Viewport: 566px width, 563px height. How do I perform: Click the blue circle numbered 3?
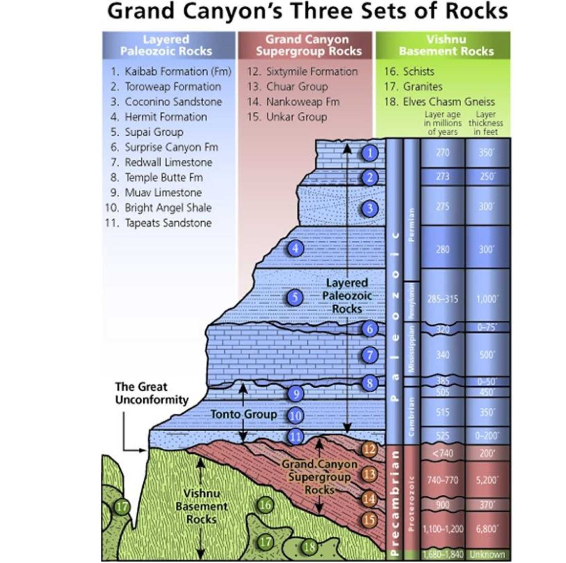370,208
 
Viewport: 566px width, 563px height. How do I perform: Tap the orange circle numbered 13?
369,474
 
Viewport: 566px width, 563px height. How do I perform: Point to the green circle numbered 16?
265,505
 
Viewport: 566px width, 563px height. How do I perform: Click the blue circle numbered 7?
370,355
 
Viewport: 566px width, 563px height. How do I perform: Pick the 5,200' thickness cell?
487,480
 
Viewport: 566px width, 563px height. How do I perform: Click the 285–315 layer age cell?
443,299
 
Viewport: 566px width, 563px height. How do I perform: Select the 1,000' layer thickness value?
487,299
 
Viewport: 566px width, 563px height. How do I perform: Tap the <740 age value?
443,453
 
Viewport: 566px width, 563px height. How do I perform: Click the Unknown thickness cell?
487,554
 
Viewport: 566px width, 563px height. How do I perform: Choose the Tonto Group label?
244,414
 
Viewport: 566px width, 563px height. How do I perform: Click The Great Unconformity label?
152,393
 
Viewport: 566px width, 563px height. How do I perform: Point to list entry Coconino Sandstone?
173,102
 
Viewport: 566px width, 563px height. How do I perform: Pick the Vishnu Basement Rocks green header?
446,45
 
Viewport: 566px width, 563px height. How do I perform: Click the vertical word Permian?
412,224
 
